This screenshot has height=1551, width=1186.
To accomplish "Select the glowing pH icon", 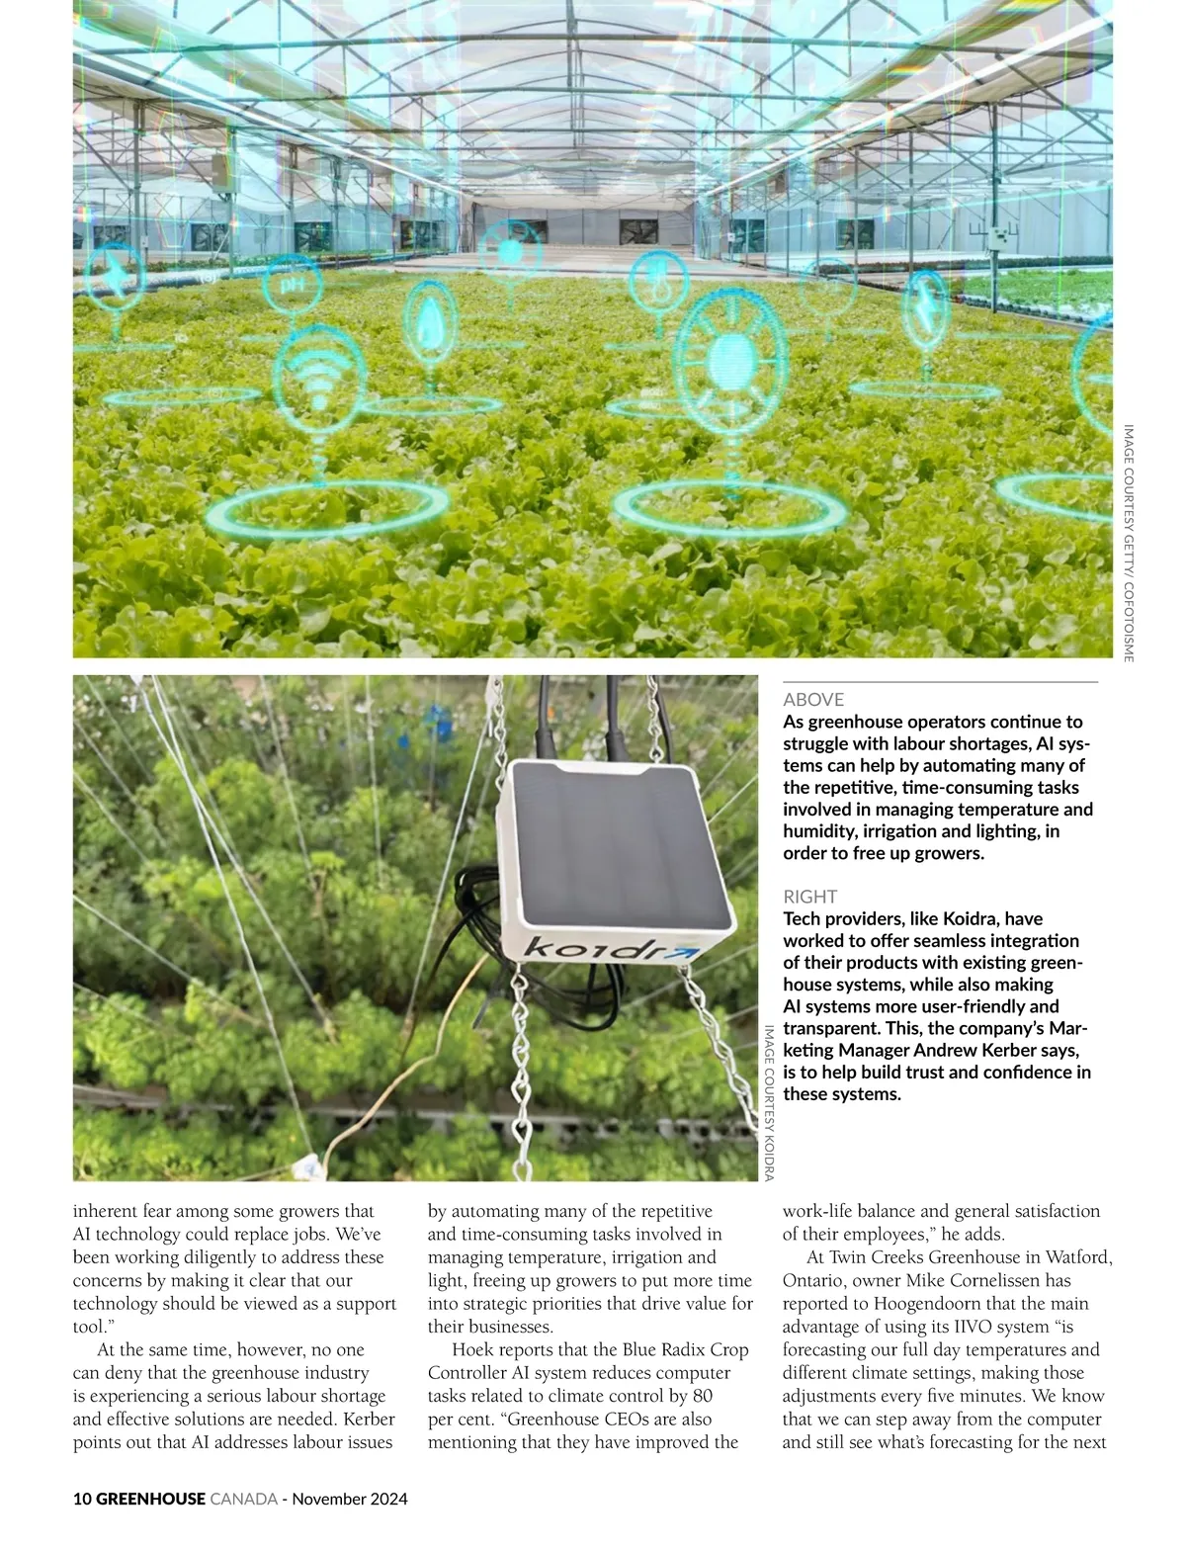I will point(290,285).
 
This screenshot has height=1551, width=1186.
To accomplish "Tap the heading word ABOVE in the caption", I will point(812,699).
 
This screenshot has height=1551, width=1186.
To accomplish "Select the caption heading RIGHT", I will point(809,897).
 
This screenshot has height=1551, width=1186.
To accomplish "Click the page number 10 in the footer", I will point(82,1499).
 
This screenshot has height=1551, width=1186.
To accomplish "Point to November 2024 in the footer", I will point(350,1499).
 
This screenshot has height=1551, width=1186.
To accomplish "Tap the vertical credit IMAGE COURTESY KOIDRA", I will point(769,1102).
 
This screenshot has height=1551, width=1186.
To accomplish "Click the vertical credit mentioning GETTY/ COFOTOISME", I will point(1128,543).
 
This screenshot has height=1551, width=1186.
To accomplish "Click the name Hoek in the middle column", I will point(472,1350).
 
